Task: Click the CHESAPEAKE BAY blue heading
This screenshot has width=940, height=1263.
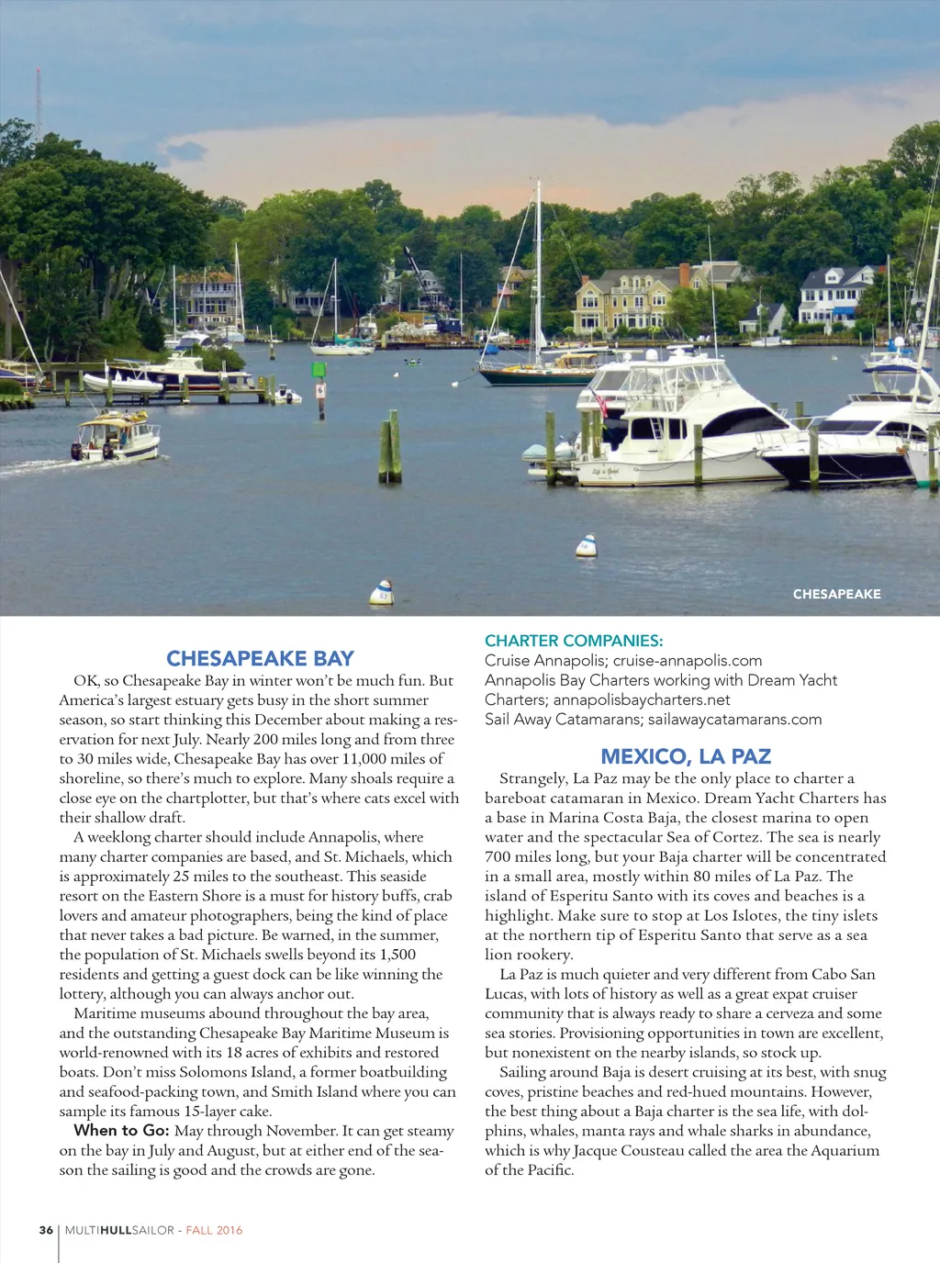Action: click(x=260, y=658)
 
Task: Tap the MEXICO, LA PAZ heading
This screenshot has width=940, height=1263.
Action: click(x=686, y=756)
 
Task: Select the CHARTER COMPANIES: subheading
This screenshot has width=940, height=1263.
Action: click(x=574, y=641)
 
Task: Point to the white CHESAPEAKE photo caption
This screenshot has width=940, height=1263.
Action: click(x=836, y=594)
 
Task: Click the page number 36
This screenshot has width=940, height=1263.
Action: click(x=46, y=1230)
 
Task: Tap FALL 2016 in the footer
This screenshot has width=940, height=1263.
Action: click(x=214, y=1230)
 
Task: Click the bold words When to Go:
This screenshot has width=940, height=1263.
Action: click(x=122, y=1131)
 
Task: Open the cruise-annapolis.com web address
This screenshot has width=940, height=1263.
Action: click(x=688, y=661)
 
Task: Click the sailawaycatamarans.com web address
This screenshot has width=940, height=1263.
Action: click(x=734, y=720)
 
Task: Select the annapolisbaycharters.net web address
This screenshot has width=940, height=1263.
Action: click(x=642, y=700)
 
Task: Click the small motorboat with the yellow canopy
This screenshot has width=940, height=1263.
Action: click(x=117, y=437)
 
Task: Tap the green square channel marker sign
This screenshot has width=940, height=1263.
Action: click(x=319, y=371)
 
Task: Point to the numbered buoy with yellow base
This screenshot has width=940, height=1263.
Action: click(x=382, y=593)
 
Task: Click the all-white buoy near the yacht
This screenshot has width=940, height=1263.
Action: click(x=586, y=546)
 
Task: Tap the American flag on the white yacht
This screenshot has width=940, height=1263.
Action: click(x=601, y=402)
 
